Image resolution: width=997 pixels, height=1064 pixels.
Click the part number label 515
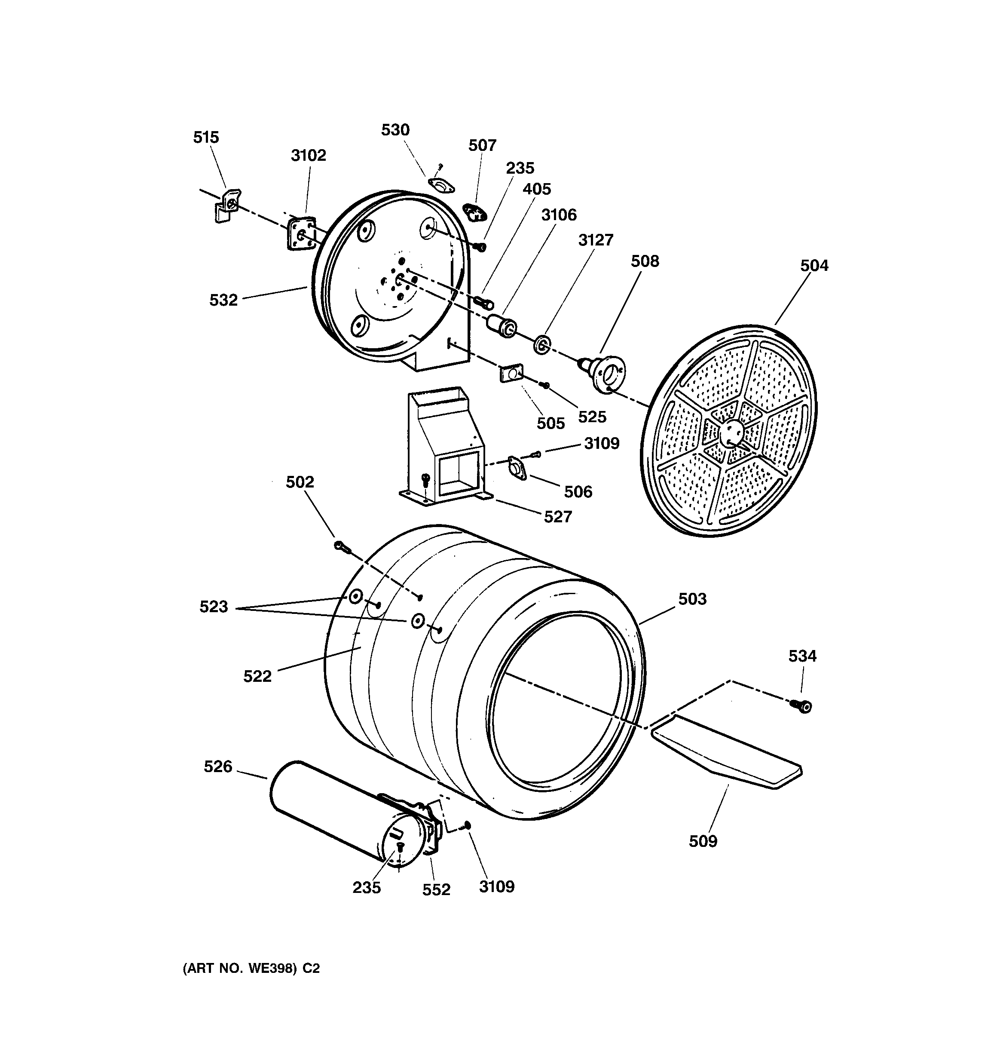click(206, 138)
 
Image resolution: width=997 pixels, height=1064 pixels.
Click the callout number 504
click(814, 266)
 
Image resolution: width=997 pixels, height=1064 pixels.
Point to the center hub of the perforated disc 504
click(731, 430)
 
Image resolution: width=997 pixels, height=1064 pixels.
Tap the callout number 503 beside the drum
click(692, 599)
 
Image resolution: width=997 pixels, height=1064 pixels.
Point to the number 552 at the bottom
click(436, 889)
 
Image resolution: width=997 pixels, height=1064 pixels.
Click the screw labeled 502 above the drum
click(341, 546)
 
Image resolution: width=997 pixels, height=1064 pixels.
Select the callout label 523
click(214, 607)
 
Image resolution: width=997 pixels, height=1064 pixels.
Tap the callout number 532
click(223, 300)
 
